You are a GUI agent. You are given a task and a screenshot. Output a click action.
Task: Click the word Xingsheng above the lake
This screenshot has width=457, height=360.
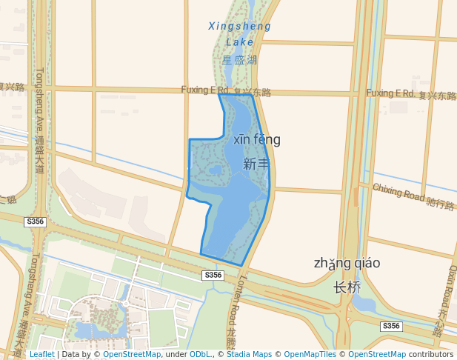(239, 27)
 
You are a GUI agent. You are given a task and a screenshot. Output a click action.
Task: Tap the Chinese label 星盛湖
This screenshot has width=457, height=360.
(239, 59)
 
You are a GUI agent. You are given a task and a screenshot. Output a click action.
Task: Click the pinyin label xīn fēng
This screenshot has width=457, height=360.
(257, 139)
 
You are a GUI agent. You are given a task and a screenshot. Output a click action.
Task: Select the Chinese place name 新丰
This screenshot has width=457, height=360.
(256, 164)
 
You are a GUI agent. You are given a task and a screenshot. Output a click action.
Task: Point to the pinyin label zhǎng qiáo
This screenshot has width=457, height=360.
(347, 263)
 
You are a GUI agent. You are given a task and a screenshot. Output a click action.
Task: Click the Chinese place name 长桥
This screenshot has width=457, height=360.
(347, 287)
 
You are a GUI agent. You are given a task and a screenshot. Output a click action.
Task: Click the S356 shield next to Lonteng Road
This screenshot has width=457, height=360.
(213, 275)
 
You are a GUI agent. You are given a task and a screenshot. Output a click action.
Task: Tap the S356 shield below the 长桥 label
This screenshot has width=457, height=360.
(391, 326)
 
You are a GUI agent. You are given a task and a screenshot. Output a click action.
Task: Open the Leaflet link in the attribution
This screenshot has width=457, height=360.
(42, 354)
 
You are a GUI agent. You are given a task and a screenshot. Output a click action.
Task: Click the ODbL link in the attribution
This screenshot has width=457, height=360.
(200, 354)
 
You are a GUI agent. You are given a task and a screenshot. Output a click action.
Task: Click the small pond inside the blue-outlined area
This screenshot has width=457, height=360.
(216, 170)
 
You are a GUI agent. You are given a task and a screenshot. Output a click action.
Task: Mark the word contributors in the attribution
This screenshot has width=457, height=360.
(431, 354)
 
